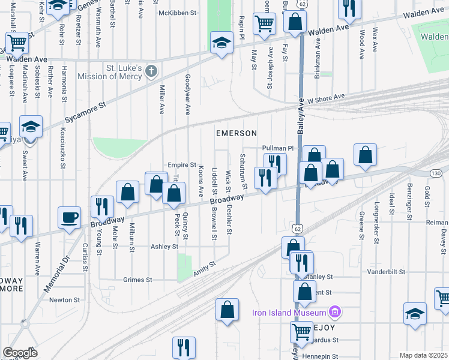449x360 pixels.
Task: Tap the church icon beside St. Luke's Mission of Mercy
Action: point(151,71)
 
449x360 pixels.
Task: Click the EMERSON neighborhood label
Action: point(237,133)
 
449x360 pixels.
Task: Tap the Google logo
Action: point(20,352)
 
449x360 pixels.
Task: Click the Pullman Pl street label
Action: point(276,148)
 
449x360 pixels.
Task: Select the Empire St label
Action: point(182,164)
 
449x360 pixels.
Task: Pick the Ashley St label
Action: point(164,247)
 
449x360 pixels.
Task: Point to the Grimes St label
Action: point(137,280)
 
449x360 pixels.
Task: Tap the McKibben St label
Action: point(178,13)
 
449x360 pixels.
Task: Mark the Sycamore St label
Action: point(85,113)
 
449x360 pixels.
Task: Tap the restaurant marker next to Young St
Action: point(101,206)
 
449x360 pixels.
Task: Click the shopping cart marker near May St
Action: point(264,24)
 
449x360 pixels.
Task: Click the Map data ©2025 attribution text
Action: point(423,355)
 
